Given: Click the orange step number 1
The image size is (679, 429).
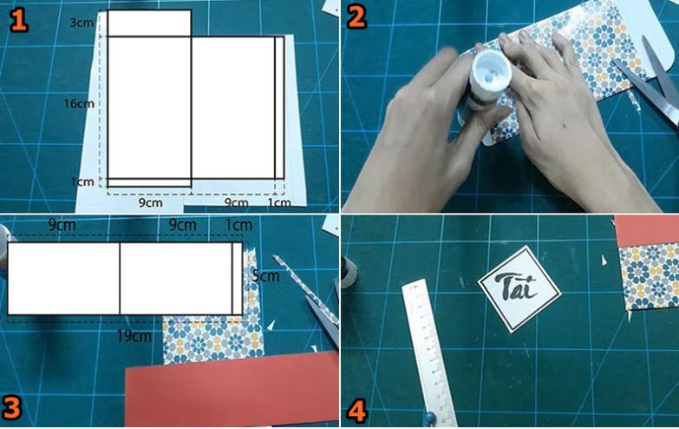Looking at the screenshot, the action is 18,20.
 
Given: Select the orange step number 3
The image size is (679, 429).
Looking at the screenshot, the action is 11,408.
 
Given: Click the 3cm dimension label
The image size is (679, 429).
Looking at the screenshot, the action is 82,23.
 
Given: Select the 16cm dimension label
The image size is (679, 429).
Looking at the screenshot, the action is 79,103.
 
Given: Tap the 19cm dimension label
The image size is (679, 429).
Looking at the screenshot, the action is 134,336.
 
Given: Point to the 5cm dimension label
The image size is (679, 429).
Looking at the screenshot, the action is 266,276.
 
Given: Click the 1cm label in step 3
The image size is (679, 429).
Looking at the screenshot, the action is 238,225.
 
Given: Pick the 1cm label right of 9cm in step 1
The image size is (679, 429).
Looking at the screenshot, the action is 279,202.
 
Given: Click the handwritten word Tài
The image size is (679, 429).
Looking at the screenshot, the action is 519,287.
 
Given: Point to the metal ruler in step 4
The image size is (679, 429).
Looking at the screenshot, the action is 428,353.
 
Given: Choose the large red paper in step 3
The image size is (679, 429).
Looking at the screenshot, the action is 232,390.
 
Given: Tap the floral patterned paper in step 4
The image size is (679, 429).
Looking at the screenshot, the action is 650,276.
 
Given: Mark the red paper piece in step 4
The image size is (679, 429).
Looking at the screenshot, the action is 647,230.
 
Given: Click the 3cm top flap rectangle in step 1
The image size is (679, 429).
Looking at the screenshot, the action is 149,23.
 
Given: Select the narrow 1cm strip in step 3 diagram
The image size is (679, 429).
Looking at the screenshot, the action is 238,279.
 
